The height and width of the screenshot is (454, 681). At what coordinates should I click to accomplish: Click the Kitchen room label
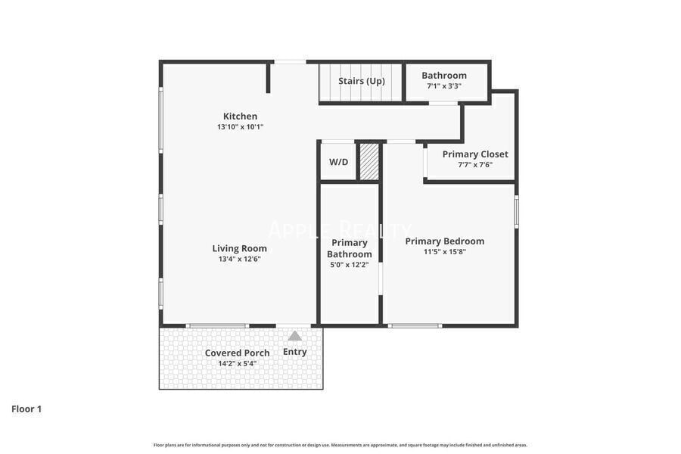tap(240, 116)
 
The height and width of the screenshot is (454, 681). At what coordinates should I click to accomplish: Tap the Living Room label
tap(239, 248)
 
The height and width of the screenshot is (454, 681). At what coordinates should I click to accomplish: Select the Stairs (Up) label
tap(361, 81)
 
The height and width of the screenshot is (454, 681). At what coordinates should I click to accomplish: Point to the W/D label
tap(338, 162)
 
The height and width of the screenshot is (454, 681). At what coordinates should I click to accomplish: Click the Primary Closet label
tap(475, 154)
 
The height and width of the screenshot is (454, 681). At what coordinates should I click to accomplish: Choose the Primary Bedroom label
tap(444, 241)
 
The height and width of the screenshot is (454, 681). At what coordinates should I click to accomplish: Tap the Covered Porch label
tap(237, 353)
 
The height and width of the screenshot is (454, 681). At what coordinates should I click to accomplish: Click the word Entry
tap(295, 352)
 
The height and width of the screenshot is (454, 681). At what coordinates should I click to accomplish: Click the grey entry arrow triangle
tap(294, 336)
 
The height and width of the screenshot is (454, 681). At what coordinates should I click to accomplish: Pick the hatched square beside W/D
tap(368, 161)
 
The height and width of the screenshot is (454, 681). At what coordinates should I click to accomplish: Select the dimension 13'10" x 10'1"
tap(240, 127)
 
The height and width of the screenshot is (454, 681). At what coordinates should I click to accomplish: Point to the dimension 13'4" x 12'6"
tap(239, 259)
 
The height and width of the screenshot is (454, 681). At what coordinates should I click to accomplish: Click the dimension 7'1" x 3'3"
tap(444, 86)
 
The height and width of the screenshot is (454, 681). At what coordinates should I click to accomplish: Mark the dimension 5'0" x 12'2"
tap(349, 265)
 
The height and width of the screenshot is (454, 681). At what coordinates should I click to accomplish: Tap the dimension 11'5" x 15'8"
tap(444, 252)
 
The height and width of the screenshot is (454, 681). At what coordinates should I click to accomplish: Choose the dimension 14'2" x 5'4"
tap(237, 363)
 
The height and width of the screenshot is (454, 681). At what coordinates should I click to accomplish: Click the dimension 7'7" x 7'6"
tap(475, 164)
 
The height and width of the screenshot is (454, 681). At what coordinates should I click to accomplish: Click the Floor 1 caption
tap(26, 409)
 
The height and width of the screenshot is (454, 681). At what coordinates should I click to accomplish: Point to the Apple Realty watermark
tap(340, 229)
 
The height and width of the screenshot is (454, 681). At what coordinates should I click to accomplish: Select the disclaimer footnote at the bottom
tap(340, 445)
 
